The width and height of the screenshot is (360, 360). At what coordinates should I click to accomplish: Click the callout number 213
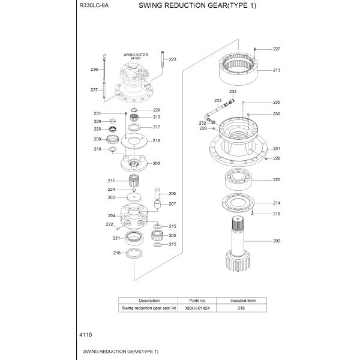277,70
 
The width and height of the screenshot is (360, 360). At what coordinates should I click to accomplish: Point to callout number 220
277,179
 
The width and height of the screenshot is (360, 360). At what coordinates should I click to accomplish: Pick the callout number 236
94,70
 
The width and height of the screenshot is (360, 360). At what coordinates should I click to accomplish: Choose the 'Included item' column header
243,300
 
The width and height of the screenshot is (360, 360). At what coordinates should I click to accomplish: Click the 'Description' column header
149,300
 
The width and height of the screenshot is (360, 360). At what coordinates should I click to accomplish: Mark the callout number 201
277,148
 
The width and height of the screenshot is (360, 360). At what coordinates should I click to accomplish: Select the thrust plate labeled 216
134,142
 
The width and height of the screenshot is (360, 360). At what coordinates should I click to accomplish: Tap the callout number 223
172,59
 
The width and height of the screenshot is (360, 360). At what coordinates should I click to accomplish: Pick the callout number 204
112,215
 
